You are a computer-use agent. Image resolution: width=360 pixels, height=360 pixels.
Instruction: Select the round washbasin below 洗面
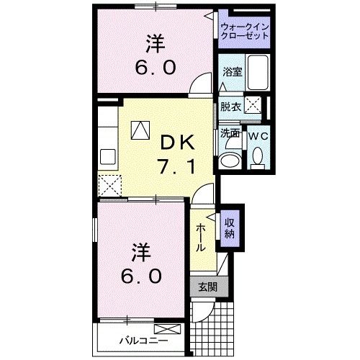coord(230,159)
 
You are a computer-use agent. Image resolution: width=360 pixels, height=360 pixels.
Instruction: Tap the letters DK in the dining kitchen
coord(174,141)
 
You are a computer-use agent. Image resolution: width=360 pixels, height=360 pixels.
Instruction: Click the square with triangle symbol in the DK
coord(140,129)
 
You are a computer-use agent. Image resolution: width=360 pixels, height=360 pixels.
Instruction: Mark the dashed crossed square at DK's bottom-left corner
coord(112,186)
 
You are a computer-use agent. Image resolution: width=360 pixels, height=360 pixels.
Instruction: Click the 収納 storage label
coord(230,227)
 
